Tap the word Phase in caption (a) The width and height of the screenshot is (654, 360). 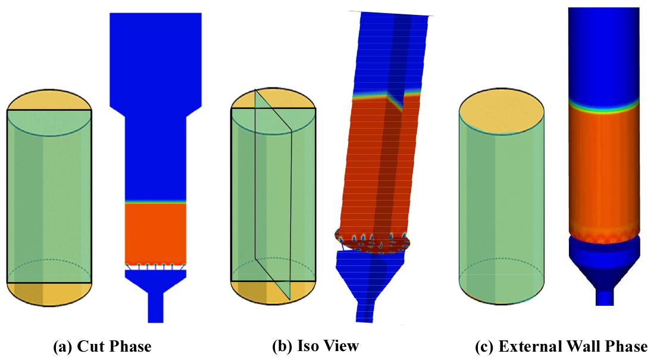coord(130,346)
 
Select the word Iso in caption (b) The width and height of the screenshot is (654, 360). coord(306,345)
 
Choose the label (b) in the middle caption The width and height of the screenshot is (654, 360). coord(283,346)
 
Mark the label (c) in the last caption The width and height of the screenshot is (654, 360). coord(484,347)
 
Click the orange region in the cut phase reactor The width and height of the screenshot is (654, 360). coord(155,233)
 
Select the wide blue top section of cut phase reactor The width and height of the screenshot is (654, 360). coord(155,58)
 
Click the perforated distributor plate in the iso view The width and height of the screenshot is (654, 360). coord(373,241)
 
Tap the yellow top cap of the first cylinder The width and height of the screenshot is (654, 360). coord(49,100)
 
